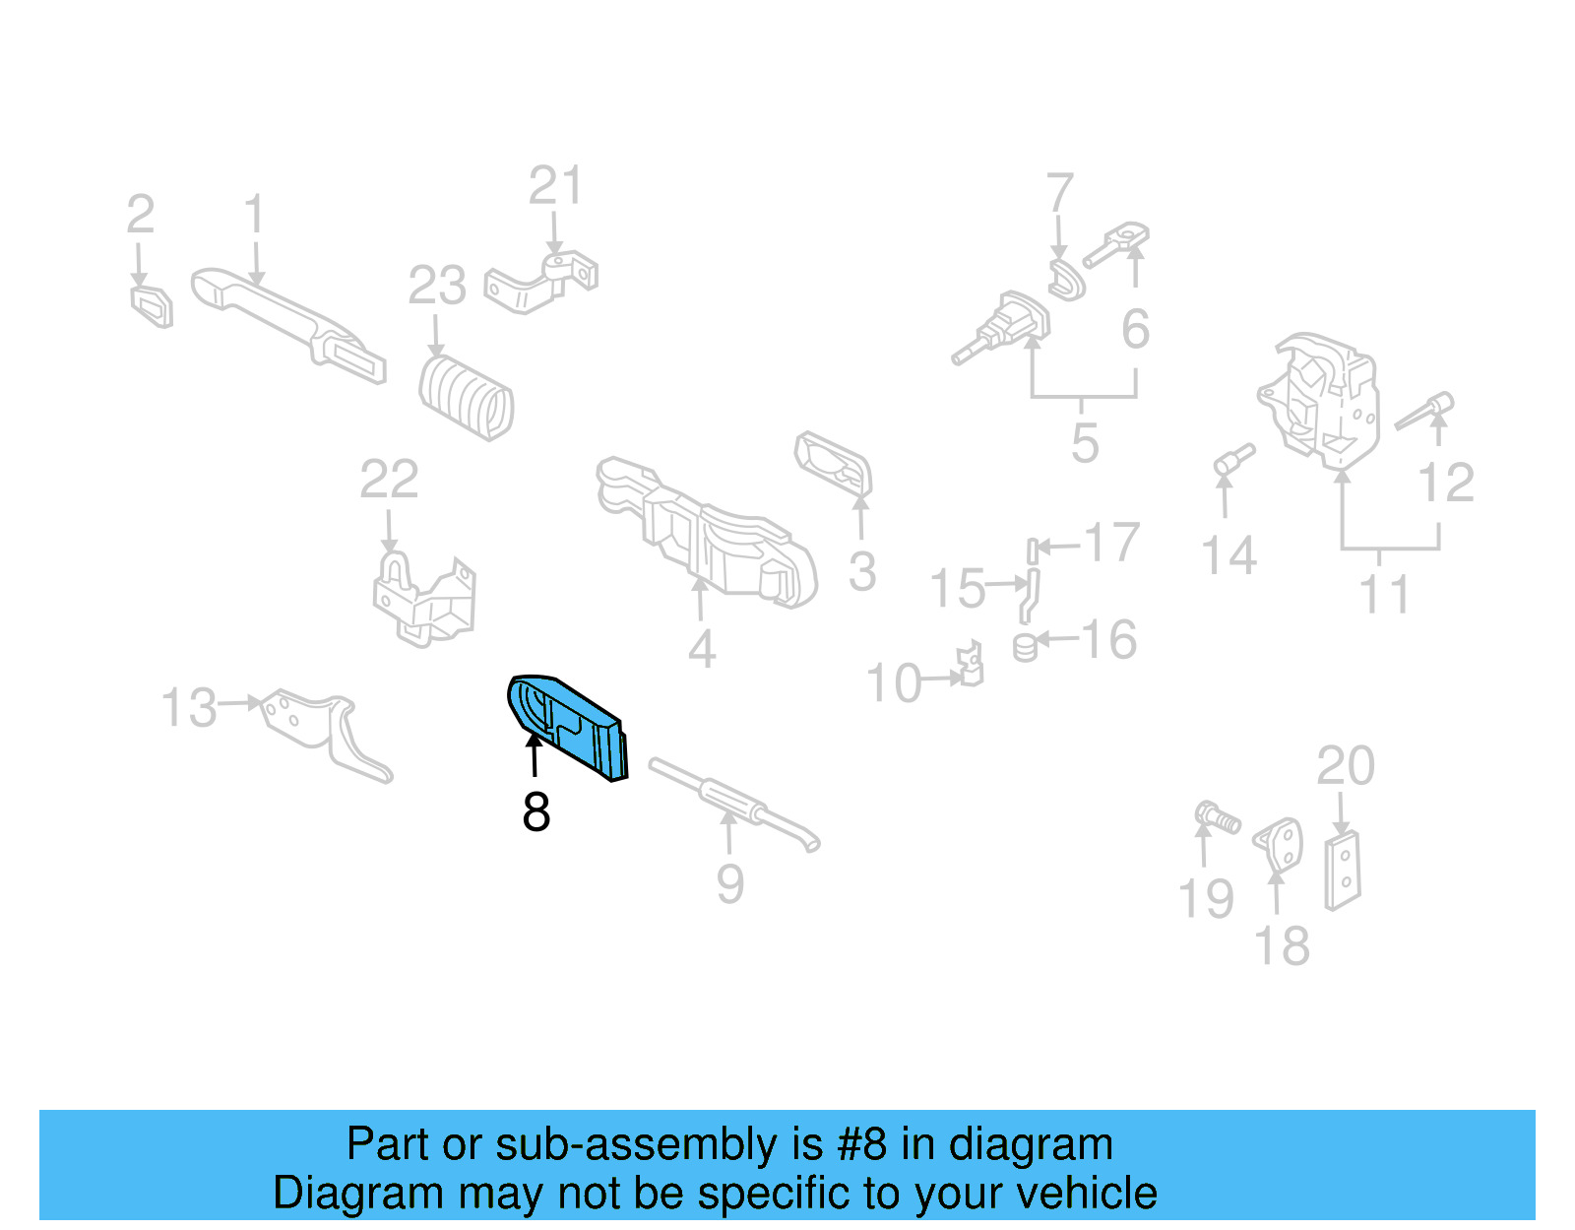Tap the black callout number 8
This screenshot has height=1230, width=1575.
535,812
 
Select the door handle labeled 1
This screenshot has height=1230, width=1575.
285,321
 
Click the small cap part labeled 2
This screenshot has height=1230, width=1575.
153,305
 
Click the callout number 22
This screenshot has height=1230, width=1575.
389,481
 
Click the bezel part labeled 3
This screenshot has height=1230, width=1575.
835,463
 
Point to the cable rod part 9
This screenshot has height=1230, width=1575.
733,804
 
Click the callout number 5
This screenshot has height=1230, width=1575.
1085,444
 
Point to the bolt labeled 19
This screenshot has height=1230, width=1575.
1217,817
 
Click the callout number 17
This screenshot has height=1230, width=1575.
1111,543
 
